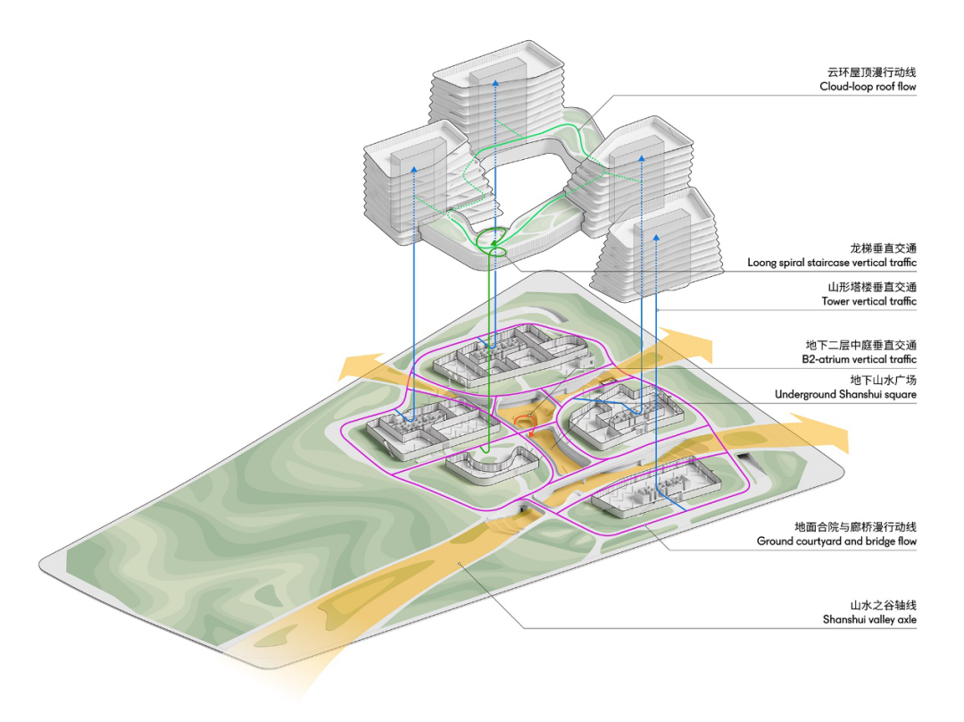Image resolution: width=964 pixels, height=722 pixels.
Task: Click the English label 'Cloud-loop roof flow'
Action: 868,87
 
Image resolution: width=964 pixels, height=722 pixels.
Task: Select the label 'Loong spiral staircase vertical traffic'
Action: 832,263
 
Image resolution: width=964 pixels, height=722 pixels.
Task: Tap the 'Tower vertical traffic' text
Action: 868,302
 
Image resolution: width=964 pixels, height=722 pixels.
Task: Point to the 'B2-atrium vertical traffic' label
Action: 859,359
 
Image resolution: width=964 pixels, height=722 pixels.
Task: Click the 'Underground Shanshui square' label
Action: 845,395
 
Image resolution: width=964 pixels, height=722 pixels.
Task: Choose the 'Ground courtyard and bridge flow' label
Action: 836,541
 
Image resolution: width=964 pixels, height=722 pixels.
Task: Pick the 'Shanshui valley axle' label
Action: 869,620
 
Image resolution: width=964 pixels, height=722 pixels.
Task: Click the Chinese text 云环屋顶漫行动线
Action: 871,72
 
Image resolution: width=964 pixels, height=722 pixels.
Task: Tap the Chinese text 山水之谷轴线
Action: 883,606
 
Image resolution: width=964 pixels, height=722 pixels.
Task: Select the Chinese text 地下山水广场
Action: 883,381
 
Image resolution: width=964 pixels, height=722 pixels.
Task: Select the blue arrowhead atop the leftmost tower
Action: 414,169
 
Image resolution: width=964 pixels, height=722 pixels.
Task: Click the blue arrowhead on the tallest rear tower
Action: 495,82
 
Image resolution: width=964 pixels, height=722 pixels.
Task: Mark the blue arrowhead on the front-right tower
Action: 656,237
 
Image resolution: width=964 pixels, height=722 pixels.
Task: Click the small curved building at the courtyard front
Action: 491,466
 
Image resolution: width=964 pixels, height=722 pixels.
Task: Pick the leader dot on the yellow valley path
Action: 459,563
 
